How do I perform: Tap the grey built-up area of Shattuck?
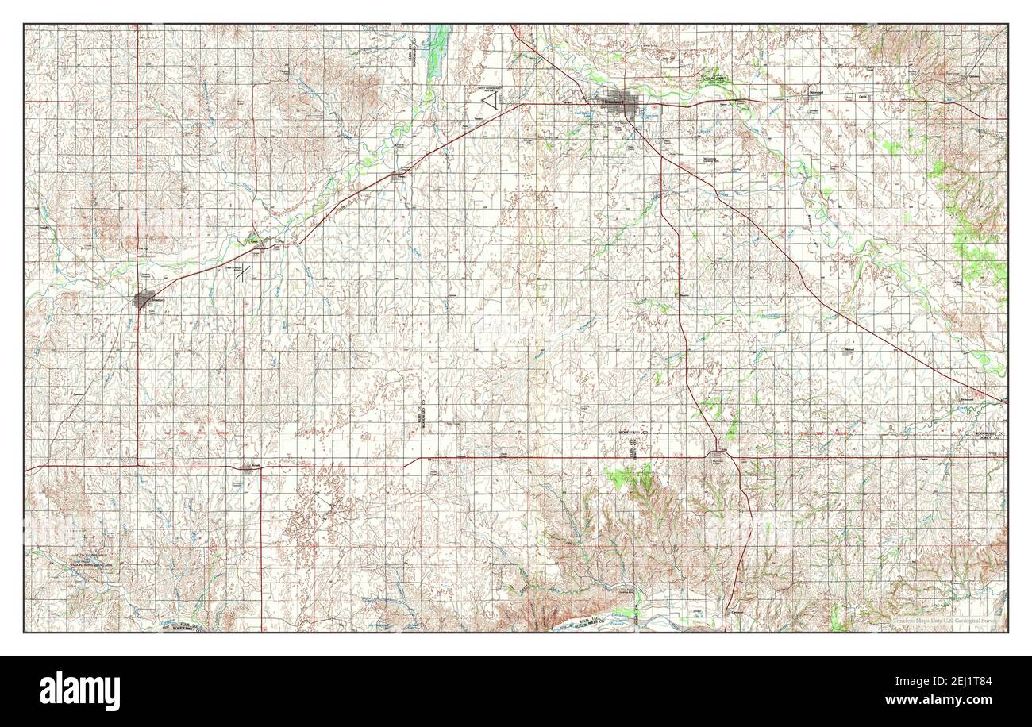point(144,300)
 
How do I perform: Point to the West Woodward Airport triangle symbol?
point(491,101)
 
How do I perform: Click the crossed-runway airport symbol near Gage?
point(245,275)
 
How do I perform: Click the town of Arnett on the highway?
point(248,467)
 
